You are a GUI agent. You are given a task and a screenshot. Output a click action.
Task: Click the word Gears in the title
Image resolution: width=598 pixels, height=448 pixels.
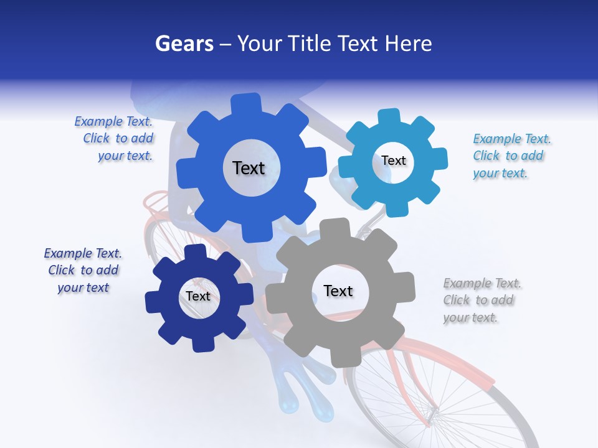coord(183,44)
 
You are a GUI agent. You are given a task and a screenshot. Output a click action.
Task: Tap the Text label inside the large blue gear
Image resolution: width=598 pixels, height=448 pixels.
coord(249,168)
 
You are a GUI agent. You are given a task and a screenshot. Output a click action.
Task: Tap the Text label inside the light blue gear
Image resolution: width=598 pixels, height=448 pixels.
coord(393,161)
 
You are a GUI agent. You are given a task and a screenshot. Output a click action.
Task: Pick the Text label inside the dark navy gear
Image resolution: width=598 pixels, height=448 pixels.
coord(198,296)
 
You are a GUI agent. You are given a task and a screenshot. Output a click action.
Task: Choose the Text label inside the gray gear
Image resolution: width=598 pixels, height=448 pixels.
coord(338,291)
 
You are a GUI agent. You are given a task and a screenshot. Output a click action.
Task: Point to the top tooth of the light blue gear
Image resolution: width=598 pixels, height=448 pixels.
coord(389,116)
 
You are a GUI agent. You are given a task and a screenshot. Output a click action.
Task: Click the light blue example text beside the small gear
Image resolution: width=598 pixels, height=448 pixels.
coord(511,156)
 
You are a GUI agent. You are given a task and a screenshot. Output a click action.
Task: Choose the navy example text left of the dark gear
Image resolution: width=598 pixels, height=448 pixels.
coord(83,271)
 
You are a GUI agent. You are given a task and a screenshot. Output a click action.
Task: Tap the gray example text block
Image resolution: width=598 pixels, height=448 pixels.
coord(481,301)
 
